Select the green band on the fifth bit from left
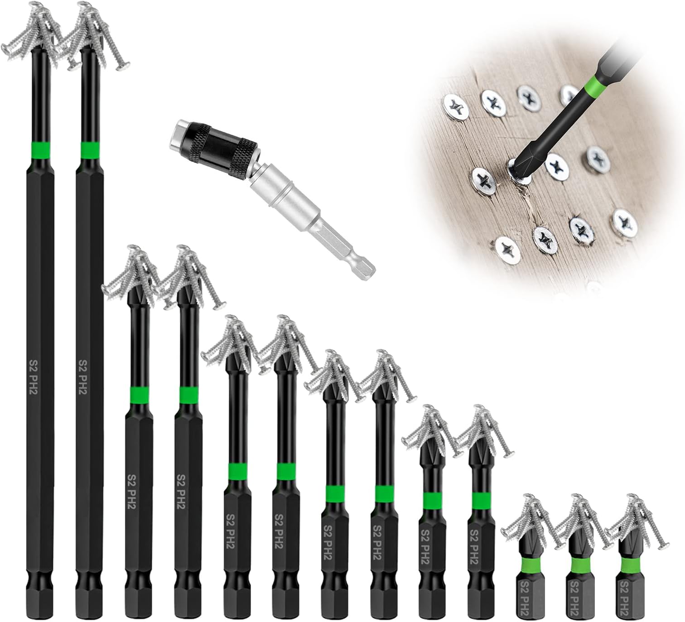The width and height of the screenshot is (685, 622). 237,471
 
